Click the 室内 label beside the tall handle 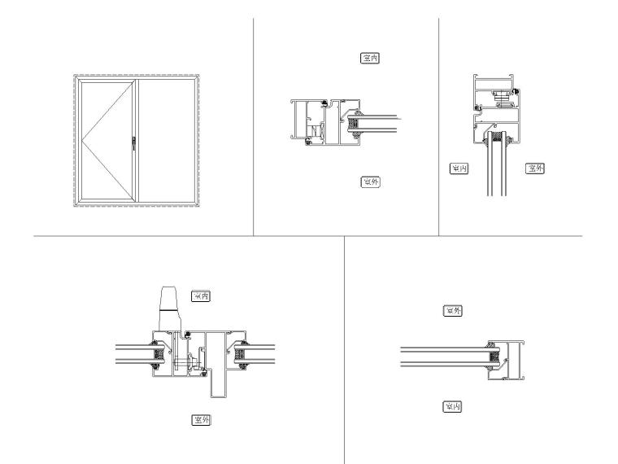[199, 296]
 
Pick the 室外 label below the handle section [199, 420]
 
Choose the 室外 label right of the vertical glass [534, 169]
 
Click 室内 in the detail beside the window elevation [370, 59]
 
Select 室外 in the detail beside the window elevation [370, 182]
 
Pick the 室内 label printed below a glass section [452, 405]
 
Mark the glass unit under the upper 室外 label [443, 357]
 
